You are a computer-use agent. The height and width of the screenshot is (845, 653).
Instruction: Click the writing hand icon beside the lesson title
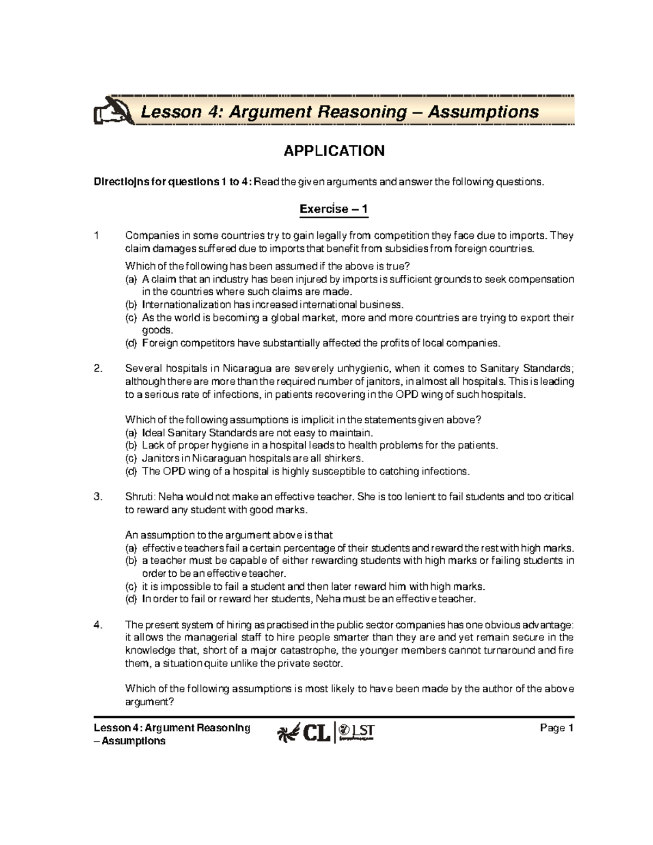pyautogui.click(x=112, y=112)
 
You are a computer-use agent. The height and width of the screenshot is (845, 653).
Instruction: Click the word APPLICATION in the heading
pyautogui.click(x=334, y=151)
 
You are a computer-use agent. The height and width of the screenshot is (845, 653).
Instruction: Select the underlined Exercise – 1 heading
pyautogui.click(x=334, y=209)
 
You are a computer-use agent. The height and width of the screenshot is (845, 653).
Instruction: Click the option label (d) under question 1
pyautogui.click(x=131, y=343)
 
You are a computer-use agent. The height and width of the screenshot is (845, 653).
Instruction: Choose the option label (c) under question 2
pyautogui.click(x=131, y=458)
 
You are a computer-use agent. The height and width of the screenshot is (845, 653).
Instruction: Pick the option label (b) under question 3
pyautogui.click(x=131, y=560)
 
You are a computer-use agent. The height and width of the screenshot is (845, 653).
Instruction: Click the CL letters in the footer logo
pyautogui.click(x=317, y=734)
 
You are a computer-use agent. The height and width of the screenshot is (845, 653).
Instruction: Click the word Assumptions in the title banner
pyautogui.click(x=483, y=112)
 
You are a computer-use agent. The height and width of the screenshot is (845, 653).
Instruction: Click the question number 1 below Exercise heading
pyautogui.click(x=97, y=236)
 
